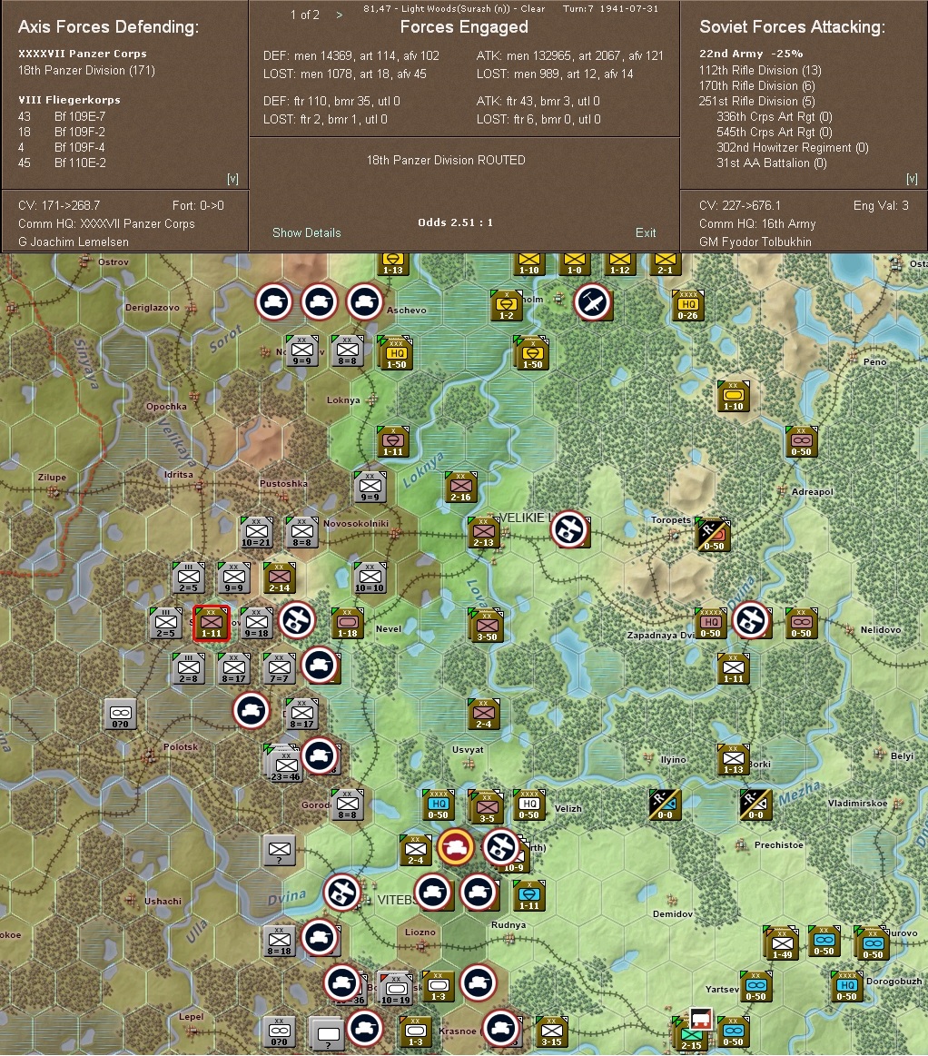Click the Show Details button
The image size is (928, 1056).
tap(306, 233)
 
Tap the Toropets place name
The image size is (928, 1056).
tap(671, 520)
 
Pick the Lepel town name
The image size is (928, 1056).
tap(191, 1017)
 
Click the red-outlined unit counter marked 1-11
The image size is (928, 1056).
tap(211, 623)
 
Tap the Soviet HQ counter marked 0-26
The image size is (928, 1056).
tap(687, 306)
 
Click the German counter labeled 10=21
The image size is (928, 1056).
tap(256, 532)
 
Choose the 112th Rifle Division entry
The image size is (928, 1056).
tap(760, 70)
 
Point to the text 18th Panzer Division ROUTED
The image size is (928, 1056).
tap(446, 160)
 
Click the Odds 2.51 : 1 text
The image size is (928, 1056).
tap(455, 222)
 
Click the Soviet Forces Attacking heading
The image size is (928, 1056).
tap(792, 27)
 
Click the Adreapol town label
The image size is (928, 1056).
tap(812, 492)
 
